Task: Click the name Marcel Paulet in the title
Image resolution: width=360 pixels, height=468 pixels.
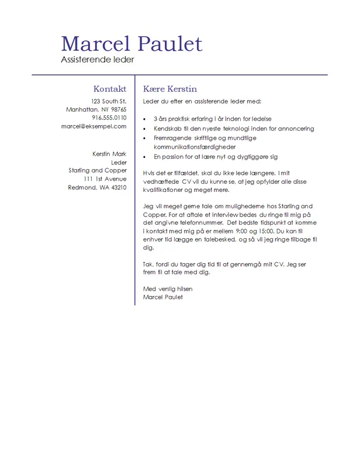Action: [131, 44]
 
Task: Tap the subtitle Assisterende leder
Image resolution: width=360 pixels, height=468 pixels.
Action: [98, 60]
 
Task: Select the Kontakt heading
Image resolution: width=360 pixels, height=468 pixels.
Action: [110, 89]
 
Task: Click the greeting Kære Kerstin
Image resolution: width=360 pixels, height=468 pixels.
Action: [170, 89]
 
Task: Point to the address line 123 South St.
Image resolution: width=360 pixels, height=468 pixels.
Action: [109, 101]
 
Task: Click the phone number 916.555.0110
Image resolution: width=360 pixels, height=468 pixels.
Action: [109, 118]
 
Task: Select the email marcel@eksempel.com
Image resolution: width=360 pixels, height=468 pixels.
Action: [94, 126]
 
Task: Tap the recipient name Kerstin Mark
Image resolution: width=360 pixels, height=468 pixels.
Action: [109, 154]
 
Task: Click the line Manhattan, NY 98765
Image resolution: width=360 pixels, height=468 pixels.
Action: [96, 109]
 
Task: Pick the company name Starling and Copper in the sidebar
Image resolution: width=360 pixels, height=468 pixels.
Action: [98, 170]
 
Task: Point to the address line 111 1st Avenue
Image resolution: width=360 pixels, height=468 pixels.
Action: [105, 178]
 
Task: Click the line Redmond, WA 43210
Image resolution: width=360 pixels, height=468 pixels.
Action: [97, 187]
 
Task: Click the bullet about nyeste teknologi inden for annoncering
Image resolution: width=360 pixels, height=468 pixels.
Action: [234, 129]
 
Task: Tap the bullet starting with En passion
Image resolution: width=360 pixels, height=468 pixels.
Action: [216, 157]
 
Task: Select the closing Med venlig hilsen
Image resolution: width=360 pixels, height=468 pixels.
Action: [168, 289]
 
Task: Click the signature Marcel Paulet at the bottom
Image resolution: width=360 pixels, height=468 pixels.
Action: [163, 297]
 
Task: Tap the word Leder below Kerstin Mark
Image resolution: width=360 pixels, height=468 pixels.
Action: [119, 162]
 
